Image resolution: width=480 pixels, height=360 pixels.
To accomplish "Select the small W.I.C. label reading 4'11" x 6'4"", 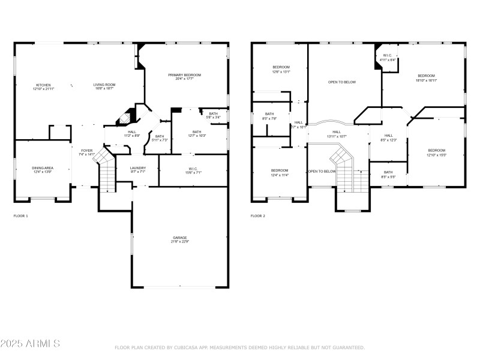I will tap(388, 58).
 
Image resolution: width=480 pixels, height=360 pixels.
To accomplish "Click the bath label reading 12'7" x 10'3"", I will tap(197, 134).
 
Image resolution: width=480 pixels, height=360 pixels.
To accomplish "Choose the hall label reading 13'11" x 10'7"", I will tap(337, 134).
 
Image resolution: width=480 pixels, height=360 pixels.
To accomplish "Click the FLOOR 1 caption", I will tap(20, 215).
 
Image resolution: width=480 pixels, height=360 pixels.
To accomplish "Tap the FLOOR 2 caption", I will tap(257, 215).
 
